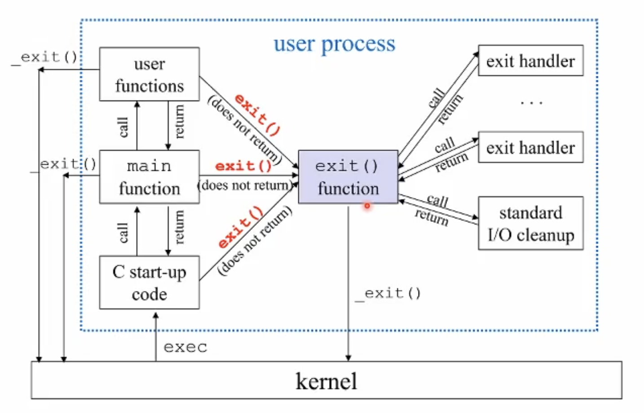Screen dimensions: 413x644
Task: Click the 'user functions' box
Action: coord(149,74)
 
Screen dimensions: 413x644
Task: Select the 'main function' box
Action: coord(149,177)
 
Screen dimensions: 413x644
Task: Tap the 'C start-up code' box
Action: coord(149,282)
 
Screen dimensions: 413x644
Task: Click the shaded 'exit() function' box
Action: coord(348,177)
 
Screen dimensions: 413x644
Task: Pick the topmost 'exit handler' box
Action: coord(530,61)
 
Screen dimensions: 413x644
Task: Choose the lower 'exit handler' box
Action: coord(530,147)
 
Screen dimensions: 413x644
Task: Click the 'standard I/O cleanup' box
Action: coord(530,223)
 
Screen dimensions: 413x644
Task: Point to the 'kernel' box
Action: coord(326,380)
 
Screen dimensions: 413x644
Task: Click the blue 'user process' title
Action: coord(335,44)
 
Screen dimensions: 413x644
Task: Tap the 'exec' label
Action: coord(185,347)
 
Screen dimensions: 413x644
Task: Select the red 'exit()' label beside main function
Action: coord(243,166)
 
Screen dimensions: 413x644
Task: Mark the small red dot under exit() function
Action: coord(367,206)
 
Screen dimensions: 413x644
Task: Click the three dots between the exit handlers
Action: coord(531,103)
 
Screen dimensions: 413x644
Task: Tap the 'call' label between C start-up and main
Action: coord(123,233)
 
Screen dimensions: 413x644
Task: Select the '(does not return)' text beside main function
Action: coord(245,185)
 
